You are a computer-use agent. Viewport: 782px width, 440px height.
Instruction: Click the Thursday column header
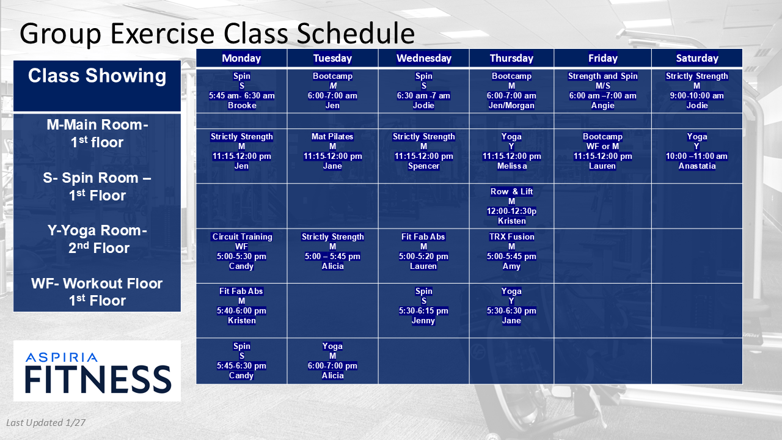511,58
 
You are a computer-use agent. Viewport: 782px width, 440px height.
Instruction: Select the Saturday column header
697,58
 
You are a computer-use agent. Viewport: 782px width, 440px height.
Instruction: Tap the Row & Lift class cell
511,206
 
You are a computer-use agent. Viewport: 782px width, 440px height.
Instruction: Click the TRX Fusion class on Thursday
511,251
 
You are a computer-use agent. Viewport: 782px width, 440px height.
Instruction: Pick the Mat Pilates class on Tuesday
332,151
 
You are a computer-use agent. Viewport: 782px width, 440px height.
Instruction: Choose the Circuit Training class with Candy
241,251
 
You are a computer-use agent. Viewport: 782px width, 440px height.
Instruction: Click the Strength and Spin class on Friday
602,91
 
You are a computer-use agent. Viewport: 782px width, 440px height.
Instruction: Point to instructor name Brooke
242,106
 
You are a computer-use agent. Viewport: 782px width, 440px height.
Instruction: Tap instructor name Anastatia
697,166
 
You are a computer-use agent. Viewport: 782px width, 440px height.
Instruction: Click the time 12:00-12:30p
511,211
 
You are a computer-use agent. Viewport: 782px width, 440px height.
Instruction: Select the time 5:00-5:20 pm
423,256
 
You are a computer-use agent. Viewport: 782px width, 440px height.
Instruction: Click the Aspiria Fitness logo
97,371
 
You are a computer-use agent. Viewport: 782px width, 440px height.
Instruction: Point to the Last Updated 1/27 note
46,423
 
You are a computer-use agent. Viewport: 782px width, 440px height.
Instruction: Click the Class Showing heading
97,76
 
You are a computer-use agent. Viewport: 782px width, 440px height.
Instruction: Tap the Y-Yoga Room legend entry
97,239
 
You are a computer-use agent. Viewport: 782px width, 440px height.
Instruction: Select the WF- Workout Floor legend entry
97,292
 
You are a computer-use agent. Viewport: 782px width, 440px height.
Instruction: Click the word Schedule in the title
356,34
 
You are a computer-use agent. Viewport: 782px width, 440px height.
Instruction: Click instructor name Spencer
423,166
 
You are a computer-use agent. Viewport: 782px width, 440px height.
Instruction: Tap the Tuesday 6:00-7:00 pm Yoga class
332,361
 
